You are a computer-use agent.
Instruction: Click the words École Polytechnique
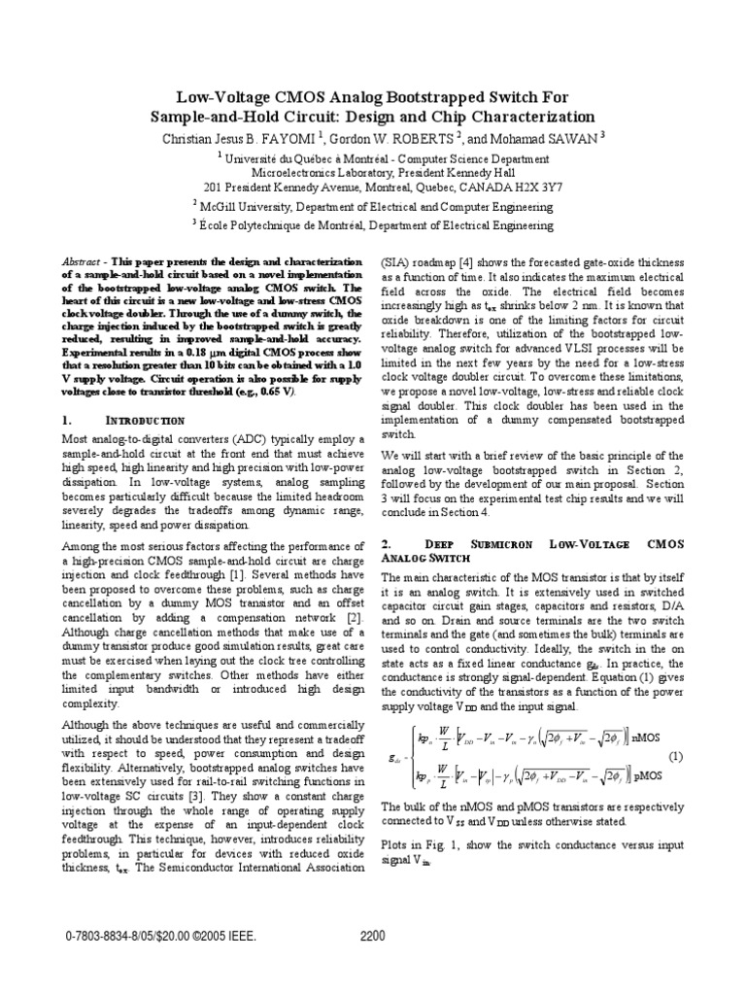[x=247, y=225]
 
